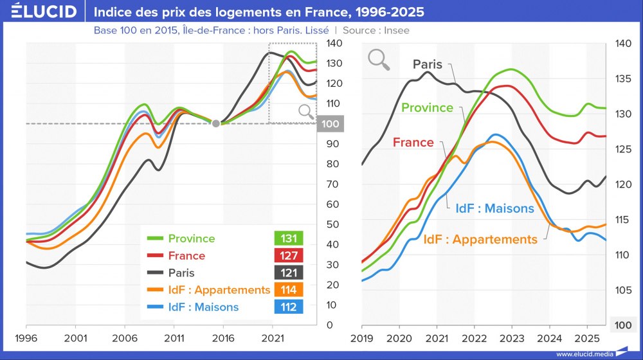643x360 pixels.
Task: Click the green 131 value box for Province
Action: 289,239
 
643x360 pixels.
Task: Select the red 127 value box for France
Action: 289,256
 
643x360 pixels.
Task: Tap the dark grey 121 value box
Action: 289,273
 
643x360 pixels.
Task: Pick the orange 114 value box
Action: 289,290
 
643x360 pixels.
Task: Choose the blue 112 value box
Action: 289,307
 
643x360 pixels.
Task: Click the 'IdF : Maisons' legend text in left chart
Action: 203,307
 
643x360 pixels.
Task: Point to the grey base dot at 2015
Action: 216,123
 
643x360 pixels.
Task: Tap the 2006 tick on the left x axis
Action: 124,337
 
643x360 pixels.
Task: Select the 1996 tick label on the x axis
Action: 26,337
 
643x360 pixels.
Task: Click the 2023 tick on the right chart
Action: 512,337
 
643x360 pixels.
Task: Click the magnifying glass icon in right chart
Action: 379,59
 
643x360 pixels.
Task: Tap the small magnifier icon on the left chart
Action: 306,113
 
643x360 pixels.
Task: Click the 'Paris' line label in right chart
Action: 428,64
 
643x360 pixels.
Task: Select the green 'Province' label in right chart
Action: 427,107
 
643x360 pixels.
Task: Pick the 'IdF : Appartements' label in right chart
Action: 480,239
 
